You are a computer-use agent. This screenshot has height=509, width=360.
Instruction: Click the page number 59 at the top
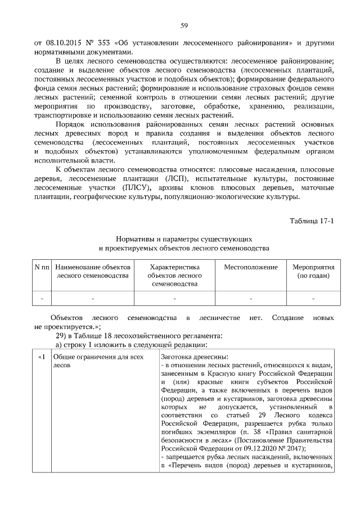[183, 25]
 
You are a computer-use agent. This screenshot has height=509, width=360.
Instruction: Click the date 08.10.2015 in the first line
[62, 43]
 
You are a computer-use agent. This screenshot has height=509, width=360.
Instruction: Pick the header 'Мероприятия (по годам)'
[313, 271]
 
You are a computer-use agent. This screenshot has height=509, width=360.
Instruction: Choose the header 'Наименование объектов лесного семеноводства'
[93, 271]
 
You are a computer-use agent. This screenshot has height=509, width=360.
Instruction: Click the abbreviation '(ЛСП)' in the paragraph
[175, 179]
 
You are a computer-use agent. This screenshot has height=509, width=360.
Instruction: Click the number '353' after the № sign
[104, 43]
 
